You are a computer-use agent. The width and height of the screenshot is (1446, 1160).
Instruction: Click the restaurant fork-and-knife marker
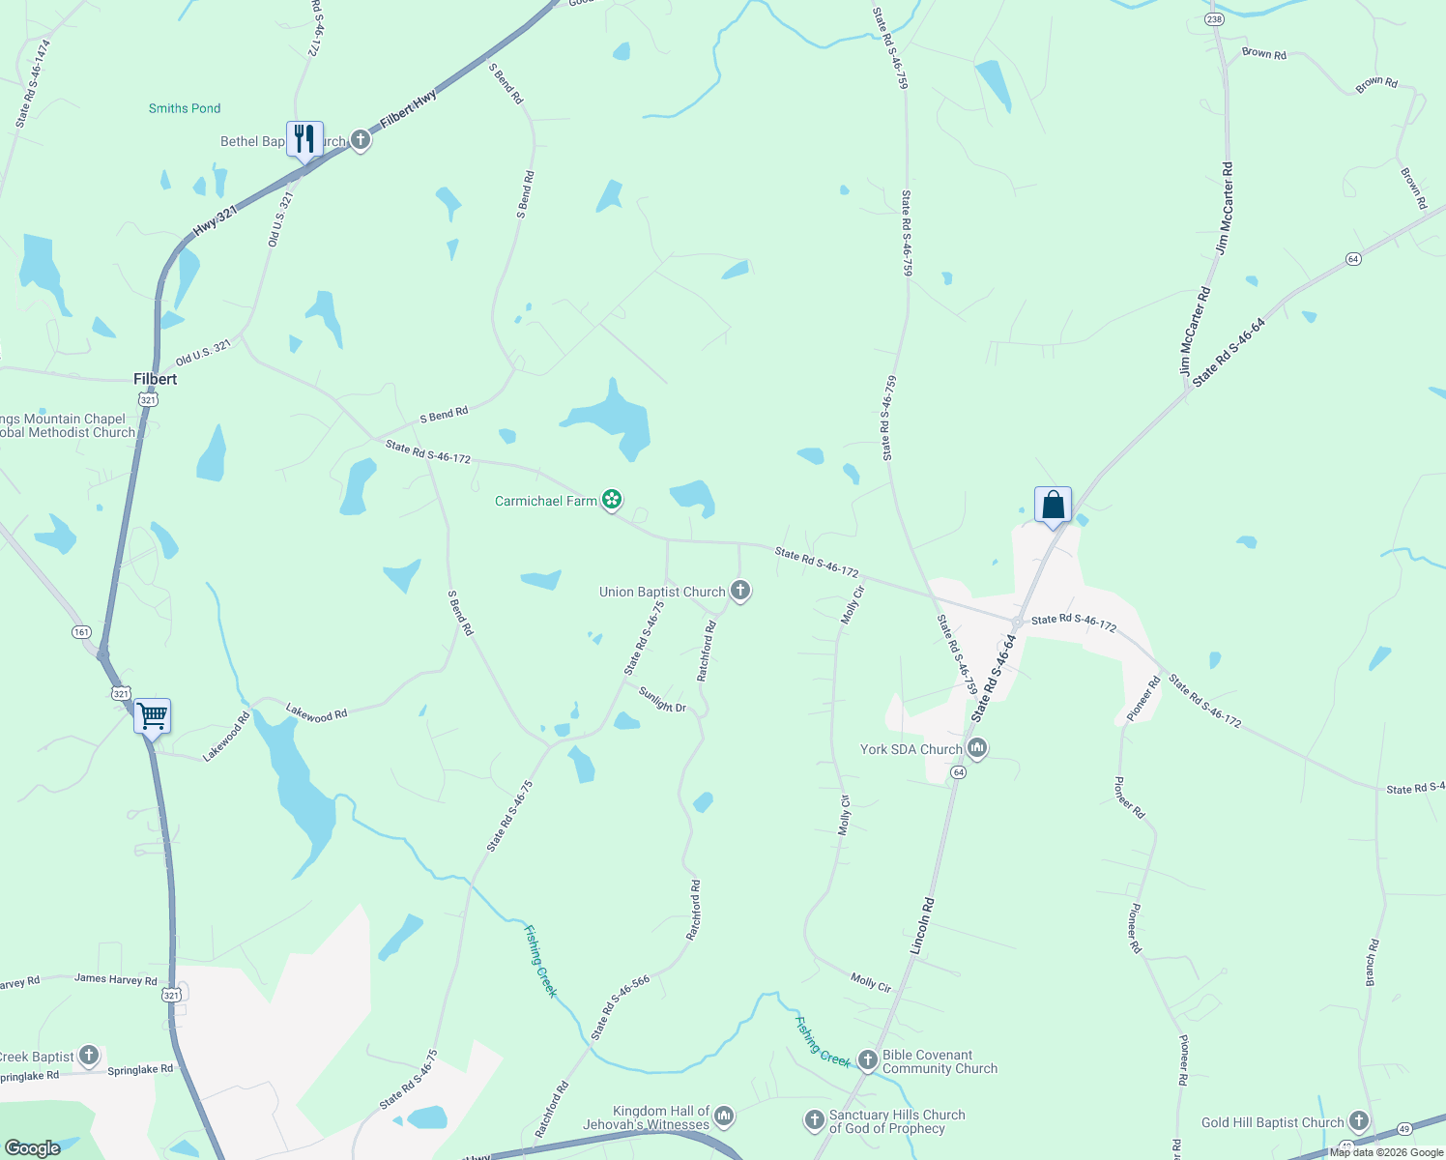click(x=304, y=139)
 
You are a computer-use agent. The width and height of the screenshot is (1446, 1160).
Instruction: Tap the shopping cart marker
click(x=153, y=716)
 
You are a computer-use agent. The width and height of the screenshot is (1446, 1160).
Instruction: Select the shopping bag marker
click(x=1053, y=505)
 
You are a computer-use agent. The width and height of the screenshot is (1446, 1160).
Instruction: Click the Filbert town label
click(x=156, y=379)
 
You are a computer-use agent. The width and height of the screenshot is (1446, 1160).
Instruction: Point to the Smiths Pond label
click(x=185, y=108)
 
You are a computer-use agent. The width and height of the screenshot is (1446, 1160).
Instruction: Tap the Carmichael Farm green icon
click(x=611, y=500)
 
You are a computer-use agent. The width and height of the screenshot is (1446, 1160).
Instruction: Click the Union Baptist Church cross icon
click(x=740, y=591)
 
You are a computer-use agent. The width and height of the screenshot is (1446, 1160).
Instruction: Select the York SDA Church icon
click(x=977, y=748)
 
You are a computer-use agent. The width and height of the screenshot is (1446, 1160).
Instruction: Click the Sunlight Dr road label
click(x=662, y=700)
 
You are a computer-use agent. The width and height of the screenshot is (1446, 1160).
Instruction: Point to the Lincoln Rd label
click(x=923, y=926)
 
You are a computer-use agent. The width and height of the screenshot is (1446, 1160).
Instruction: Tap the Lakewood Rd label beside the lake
click(x=316, y=714)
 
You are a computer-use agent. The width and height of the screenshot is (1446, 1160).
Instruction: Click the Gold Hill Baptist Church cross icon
click(x=1359, y=1121)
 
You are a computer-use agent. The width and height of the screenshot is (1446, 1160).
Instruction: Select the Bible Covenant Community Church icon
click(x=867, y=1060)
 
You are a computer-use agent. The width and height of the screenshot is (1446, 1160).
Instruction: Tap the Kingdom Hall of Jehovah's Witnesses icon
click(x=724, y=1116)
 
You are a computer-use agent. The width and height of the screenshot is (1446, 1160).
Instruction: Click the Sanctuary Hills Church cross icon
click(x=814, y=1120)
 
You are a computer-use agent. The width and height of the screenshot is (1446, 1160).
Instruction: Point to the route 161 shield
click(x=81, y=632)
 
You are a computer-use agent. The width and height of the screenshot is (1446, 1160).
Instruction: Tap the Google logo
click(x=33, y=1148)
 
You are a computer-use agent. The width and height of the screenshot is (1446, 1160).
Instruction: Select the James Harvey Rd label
click(x=116, y=979)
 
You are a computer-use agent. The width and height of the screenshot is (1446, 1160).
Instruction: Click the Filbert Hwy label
click(x=409, y=108)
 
